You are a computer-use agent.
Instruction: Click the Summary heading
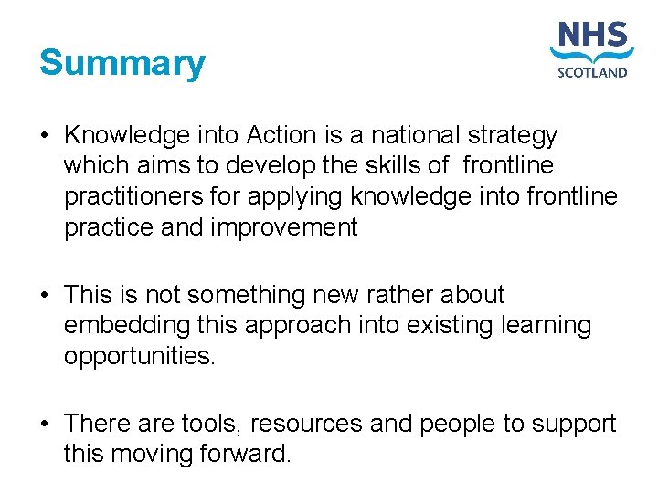(122, 64)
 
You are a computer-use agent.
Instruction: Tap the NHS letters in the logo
(593, 38)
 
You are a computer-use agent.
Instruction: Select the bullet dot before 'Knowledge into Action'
(44, 136)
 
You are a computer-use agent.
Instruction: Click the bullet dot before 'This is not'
(44, 295)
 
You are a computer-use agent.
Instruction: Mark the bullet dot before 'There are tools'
(44, 424)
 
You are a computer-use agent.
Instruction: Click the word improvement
(284, 227)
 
